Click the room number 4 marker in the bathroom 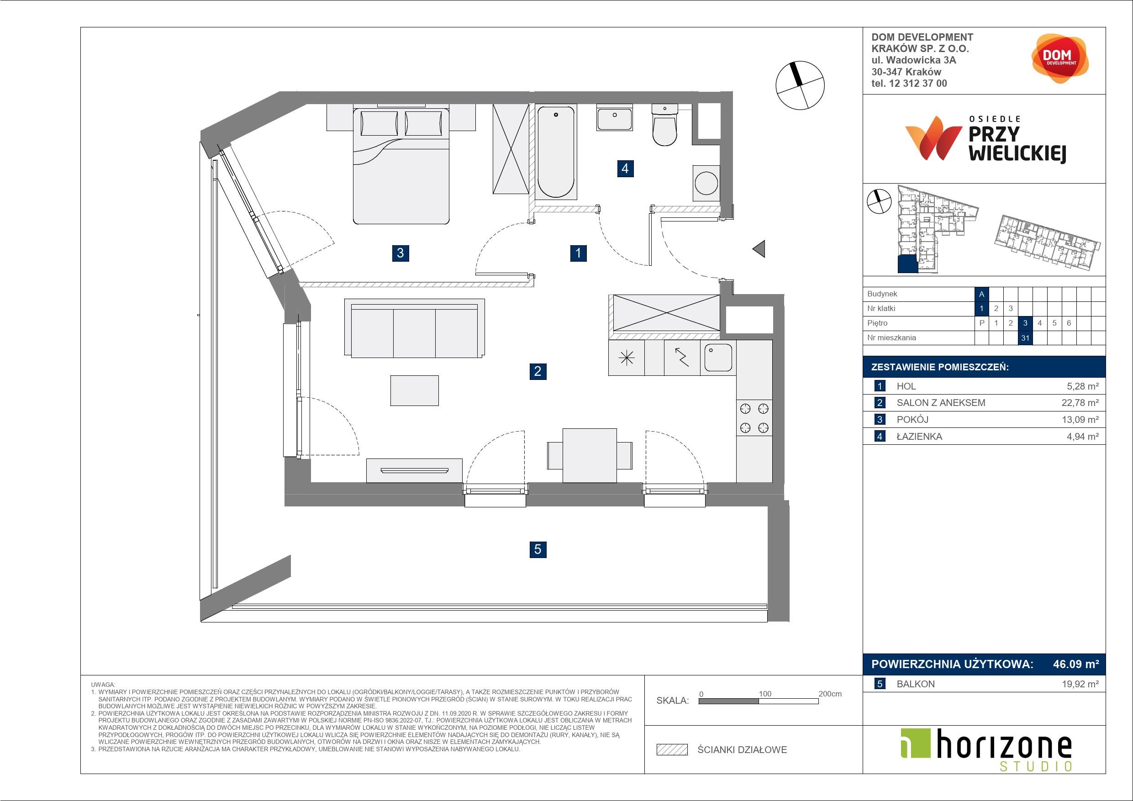625,169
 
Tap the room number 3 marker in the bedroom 400,253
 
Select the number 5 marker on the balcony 538,549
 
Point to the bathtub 556,152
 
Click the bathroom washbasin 614,117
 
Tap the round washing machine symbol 706,183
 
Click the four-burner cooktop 754,417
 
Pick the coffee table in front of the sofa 415,390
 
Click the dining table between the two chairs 589,455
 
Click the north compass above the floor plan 800,85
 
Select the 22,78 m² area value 1080,403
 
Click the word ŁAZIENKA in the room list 919,436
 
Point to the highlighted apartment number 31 1025,338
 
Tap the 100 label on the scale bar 765,693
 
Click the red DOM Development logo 1059,58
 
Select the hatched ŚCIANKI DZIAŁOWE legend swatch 672,750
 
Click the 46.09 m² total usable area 1076,664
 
